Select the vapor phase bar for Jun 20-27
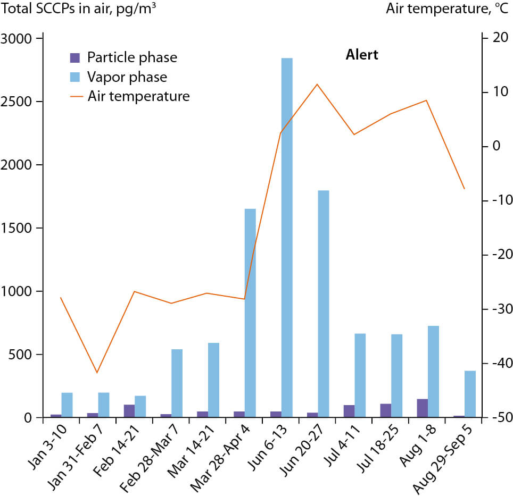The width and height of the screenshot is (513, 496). (324, 304)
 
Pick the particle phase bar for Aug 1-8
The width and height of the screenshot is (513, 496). (422, 408)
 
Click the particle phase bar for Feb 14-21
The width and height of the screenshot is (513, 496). (129, 411)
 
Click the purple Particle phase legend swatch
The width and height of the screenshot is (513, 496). (76, 57)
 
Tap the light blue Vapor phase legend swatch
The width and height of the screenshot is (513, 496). (76, 77)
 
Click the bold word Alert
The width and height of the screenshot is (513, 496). (362, 55)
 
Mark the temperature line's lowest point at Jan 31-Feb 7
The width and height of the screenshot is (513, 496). (97, 373)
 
